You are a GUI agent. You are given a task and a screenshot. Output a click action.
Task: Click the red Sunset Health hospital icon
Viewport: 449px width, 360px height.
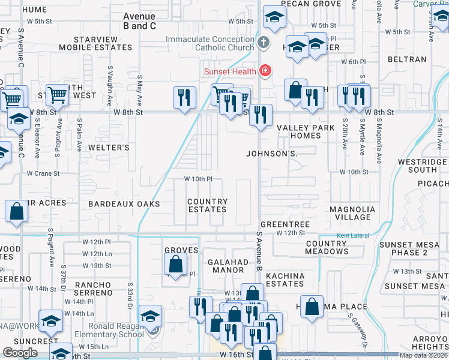(265, 71)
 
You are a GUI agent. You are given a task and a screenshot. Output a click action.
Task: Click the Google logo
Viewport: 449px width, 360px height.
(20, 353)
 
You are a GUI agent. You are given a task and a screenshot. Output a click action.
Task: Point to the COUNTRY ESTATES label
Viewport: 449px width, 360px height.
(207, 205)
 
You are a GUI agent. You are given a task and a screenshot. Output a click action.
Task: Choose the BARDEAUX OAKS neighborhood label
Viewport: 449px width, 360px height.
(124, 204)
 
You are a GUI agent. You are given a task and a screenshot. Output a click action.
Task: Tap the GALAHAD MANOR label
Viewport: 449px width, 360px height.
(228, 266)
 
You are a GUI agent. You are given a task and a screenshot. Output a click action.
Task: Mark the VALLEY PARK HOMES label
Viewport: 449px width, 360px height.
(298, 131)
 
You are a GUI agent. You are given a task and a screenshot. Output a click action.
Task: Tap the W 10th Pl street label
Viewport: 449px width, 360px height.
(198, 179)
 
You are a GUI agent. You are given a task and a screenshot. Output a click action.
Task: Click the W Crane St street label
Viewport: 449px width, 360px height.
(43, 173)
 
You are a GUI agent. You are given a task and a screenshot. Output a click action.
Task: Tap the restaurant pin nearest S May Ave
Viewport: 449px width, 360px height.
(185, 97)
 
